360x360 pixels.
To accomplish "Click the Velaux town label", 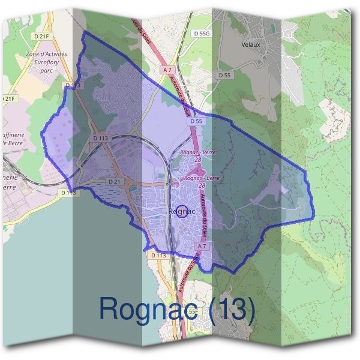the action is [x=250, y=44].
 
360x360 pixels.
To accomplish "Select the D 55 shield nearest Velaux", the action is [x=224, y=75].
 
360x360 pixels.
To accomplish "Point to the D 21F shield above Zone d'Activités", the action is [x=42, y=37].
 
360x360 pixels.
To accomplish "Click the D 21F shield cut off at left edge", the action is [x=7, y=98].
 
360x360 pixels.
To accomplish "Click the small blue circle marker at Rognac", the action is [x=184, y=211].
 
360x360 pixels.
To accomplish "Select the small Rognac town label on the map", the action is [x=180, y=211].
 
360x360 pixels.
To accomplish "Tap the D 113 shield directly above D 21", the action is [x=101, y=138].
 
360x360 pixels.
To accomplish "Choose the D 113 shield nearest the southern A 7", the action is [x=158, y=255].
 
